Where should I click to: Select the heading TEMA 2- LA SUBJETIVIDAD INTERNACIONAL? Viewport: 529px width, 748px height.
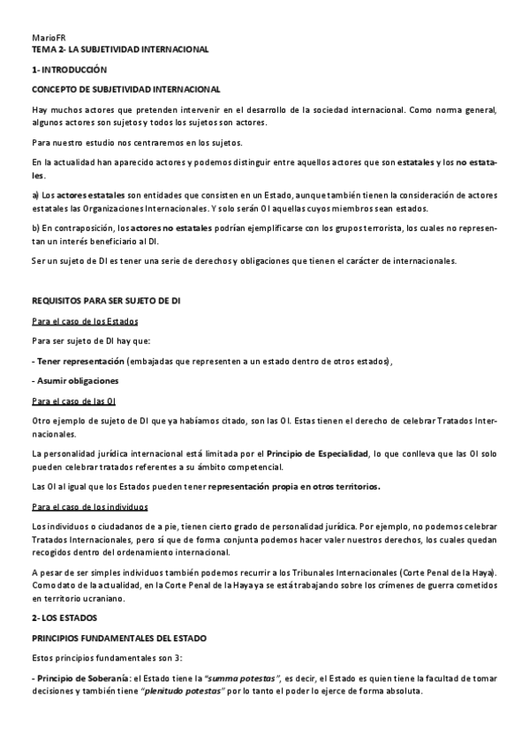coord(119,50)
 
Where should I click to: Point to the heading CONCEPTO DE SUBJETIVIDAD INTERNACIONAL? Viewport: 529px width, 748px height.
coord(125,89)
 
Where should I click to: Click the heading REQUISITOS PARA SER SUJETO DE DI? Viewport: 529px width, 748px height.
coord(113,301)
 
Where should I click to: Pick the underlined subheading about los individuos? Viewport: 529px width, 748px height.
coord(89,507)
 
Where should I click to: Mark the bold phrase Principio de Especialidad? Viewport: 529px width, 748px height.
coord(317,453)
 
